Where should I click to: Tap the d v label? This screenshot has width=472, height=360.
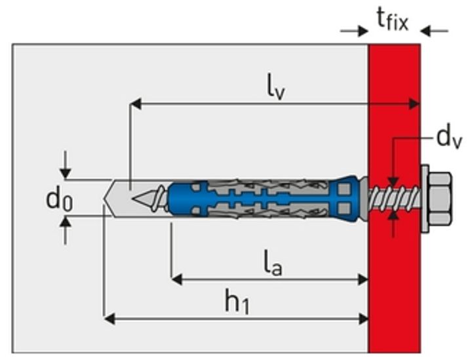[x=449, y=138]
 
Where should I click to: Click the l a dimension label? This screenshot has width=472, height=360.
[x=272, y=265]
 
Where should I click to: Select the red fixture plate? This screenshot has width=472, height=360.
[x=394, y=295]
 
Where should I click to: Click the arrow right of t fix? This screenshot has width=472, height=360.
[x=435, y=30]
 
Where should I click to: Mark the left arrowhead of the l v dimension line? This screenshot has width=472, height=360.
[x=135, y=103]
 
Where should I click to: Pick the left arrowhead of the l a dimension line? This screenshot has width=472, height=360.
[x=176, y=279]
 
